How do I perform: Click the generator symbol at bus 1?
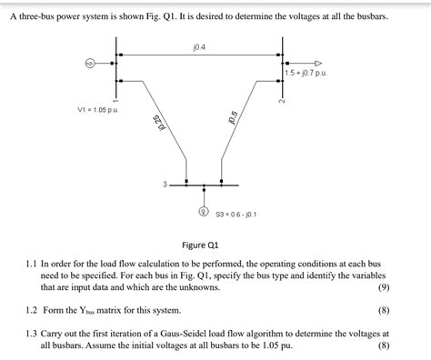(x=90, y=64)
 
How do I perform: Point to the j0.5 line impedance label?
(x=234, y=118)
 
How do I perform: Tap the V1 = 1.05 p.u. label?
(x=101, y=110)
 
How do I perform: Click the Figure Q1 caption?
(x=200, y=245)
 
